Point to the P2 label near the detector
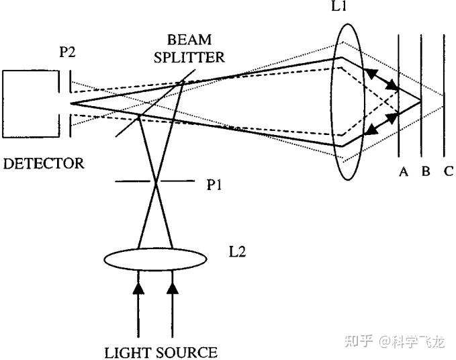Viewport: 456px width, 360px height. point(67,53)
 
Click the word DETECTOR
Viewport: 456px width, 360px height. point(44,163)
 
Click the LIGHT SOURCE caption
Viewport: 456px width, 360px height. point(161,352)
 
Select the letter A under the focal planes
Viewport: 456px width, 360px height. point(404,172)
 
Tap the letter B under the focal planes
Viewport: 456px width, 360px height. point(425,172)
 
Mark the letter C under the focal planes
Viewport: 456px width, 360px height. point(447,172)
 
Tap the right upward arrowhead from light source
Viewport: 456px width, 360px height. point(173,289)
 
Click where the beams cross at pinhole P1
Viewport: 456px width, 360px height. point(156,181)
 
